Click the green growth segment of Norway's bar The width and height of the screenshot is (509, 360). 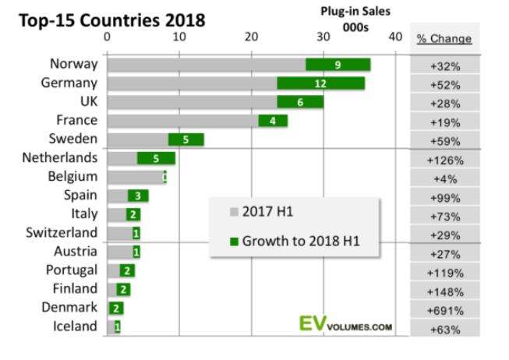pyautogui.click(x=338, y=65)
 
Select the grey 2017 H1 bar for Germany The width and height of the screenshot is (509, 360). pyautogui.click(x=192, y=83)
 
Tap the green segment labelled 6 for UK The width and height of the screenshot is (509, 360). pyautogui.click(x=300, y=102)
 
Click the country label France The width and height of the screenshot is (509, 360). pyautogui.click(x=77, y=121)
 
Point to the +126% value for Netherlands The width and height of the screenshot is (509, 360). pyautogui.click(x=446, y=161)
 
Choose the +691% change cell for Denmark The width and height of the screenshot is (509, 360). pyautogui.click(x=446, y=310)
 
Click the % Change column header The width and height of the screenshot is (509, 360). pyautogui.click(x=444, y=38)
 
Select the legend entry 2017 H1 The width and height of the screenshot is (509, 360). pyautogui.click(x=265, y=212)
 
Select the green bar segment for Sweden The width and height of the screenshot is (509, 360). pyautogui.click(x=186, y=139)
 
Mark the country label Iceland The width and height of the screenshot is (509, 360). pyautogui.click(x=76, y=326)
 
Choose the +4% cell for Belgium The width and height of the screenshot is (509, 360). pyautogui.click(x=446, y=179)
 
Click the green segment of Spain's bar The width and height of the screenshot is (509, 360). pyautogui.click(x=138, y=196)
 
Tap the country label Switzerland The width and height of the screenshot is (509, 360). pyautogui.click(x=62, y=233)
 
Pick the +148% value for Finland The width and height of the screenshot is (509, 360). pyautogui.click(x=446, y=291)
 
